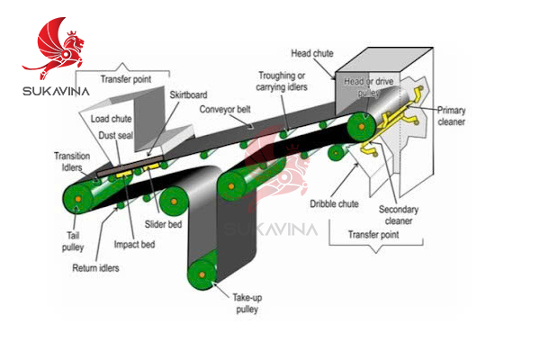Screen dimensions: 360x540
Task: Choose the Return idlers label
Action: (96, 267)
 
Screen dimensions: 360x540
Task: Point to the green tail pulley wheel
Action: (78, 196)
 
